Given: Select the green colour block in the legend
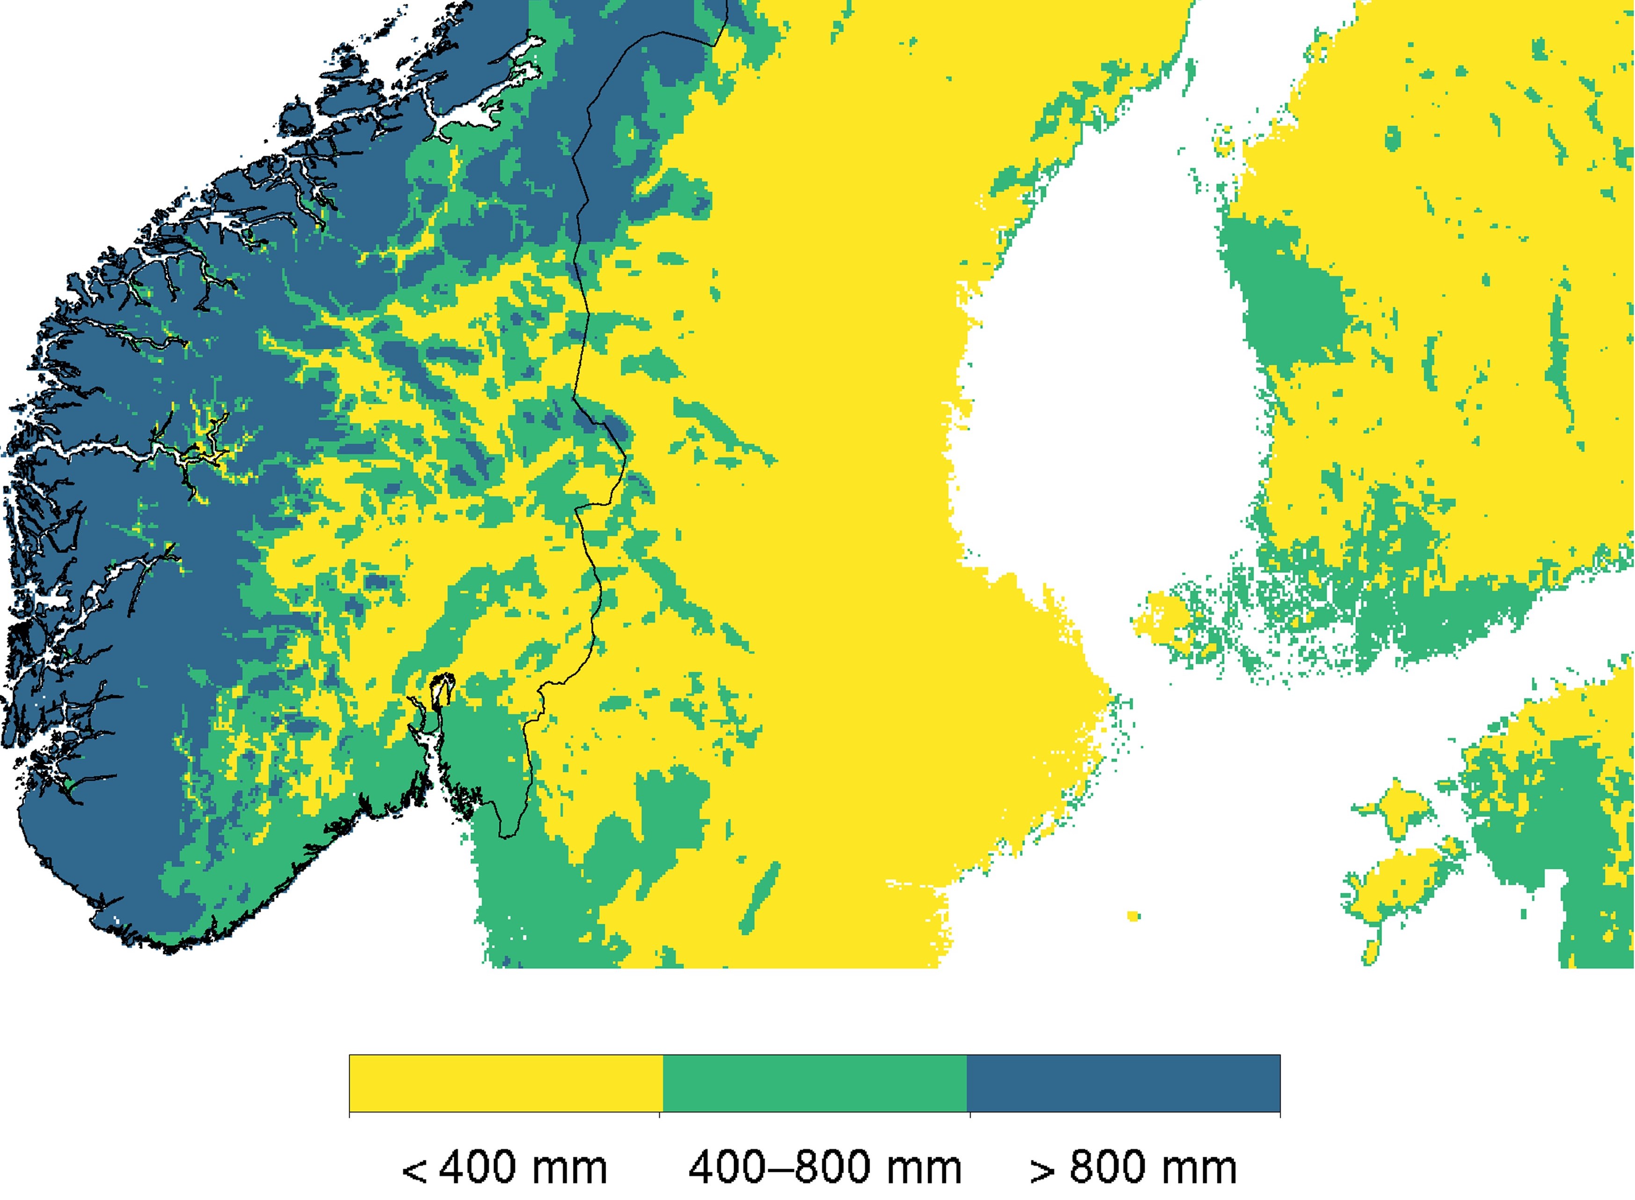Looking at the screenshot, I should [x=814, y=1083].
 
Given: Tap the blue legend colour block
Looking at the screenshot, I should [x=1124, y=1083].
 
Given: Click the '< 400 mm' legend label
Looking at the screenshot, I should [x=504, y=1168].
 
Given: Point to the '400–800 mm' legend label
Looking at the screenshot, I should [x=824, y=1168].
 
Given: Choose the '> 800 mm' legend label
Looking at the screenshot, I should [x=1133, y=1168].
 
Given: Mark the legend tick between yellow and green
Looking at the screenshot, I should [x=660, y=1115].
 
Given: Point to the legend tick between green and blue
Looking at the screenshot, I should [x=970, y=1115].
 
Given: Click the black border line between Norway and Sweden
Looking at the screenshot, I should [x=585, y=291].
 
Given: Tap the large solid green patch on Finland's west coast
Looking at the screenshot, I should [x=1286, y=305].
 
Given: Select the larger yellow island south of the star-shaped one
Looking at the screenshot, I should [x=1398, y=882].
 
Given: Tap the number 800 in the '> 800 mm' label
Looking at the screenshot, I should [x=1109, y=1168].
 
